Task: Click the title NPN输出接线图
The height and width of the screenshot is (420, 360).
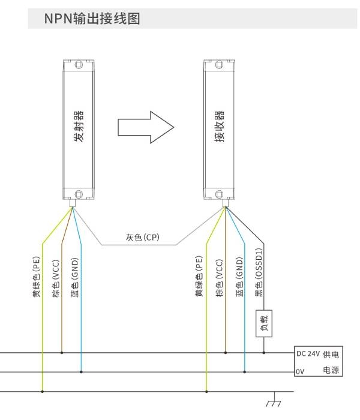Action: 92,19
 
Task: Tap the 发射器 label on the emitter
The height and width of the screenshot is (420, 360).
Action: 79,126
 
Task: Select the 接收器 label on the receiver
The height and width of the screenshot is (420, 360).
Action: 219,126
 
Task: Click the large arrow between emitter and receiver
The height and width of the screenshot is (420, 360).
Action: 146,127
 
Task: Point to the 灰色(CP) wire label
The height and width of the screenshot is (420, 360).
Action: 143,237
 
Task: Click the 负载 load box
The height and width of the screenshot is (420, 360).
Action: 264,323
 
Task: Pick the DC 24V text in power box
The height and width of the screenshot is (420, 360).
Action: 308,354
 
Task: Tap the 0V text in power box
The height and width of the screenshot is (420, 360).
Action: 300,371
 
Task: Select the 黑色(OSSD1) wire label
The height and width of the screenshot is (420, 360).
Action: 259,272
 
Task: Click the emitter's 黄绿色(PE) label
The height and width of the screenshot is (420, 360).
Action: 36,277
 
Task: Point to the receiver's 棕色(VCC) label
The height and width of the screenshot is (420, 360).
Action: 219,278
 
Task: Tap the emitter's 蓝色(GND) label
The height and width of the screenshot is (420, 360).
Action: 75,277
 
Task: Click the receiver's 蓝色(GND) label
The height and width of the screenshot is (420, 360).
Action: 239,277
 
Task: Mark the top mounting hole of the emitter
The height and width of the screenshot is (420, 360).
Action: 79,65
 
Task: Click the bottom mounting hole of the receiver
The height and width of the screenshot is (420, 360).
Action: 219,194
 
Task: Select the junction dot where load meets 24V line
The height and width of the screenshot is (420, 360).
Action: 264,353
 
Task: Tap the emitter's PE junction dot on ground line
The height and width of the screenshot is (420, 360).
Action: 43,392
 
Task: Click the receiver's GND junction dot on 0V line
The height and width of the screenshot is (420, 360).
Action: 245,372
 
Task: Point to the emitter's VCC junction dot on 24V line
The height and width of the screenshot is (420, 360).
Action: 62,353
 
